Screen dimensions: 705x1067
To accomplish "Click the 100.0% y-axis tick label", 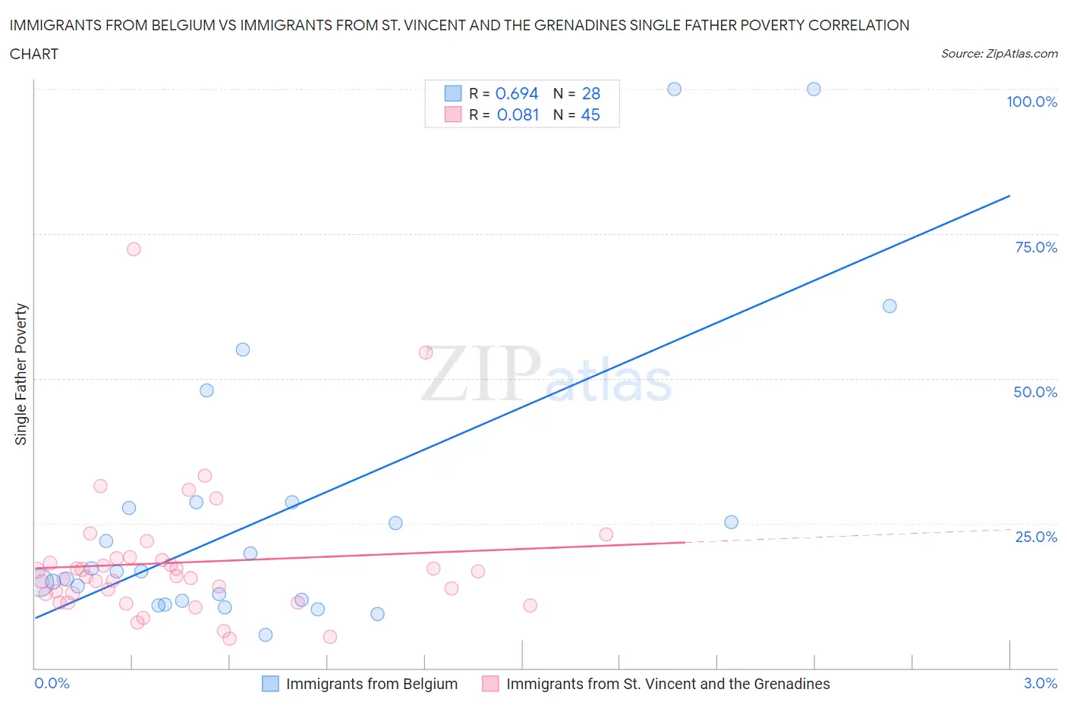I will [x=1031, y=102].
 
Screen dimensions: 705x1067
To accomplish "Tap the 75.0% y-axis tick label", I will [x=1036, y=247].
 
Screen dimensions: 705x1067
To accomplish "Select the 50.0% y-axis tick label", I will [x=1035, y=392].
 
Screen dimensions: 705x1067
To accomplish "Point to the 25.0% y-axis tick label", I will [x=1036, y=537].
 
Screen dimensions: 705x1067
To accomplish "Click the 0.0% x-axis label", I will [x=52, y=683].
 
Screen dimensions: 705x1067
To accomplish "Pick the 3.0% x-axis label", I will [x=1040, y=683].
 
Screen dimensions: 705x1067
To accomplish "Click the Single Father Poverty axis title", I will [x=21, y=374].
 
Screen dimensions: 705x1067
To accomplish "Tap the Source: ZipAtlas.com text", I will [x=999, y=54].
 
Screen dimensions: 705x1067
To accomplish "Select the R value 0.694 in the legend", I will [x=517, y=93].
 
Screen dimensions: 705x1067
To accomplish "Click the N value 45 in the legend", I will [x=590, y=114].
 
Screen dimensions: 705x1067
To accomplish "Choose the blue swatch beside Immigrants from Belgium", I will [x=270, y=684].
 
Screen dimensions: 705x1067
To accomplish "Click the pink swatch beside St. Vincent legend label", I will [x=490, y=684].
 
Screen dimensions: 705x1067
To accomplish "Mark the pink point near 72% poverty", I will [x=134, y=249].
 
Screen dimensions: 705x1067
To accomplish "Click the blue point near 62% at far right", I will [x=889, y=306].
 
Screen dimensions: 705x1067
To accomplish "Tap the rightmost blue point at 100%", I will [x=814, y=89].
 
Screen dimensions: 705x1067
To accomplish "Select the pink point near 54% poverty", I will [x=426, y=352].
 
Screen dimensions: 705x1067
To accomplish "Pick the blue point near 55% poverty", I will [x=243, y=349].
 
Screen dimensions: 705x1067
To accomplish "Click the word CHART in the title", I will [x=34, y=54].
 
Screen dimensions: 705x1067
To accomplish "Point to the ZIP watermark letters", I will [x=481, y=374].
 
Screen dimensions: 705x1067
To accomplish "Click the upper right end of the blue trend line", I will [x=1009, y=196].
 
